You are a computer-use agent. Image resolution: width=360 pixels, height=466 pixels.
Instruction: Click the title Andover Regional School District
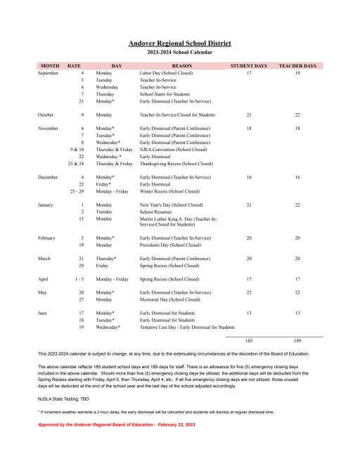pyautogui.click(x=179, y=44)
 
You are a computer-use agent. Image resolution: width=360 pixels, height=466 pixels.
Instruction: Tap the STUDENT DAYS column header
pyautogui.click(x=249, y=65)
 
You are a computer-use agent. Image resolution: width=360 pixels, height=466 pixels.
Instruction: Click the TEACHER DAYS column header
pyautogui.click(x=297, y=65)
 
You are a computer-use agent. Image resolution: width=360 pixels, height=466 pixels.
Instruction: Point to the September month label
pyautogui.click(x=49, y=73)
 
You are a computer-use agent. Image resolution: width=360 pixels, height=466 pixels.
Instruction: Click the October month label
pyautogui.click(x=46, y=114)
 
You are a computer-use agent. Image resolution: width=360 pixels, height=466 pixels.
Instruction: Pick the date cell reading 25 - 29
pyautogui.click(x=82, y=190)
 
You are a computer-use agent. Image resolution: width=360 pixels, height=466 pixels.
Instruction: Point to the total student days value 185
pyautogui.click(x=249, y=341)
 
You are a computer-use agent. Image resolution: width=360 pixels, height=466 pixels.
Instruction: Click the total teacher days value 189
pyautogui.click(x=297, y=341)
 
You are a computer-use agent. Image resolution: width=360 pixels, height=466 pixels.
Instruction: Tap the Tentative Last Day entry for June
pyautogui.click(x=187, y=327)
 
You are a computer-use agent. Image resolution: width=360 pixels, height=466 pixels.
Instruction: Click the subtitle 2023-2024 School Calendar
pyautogui.click(x=179, y=53)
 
